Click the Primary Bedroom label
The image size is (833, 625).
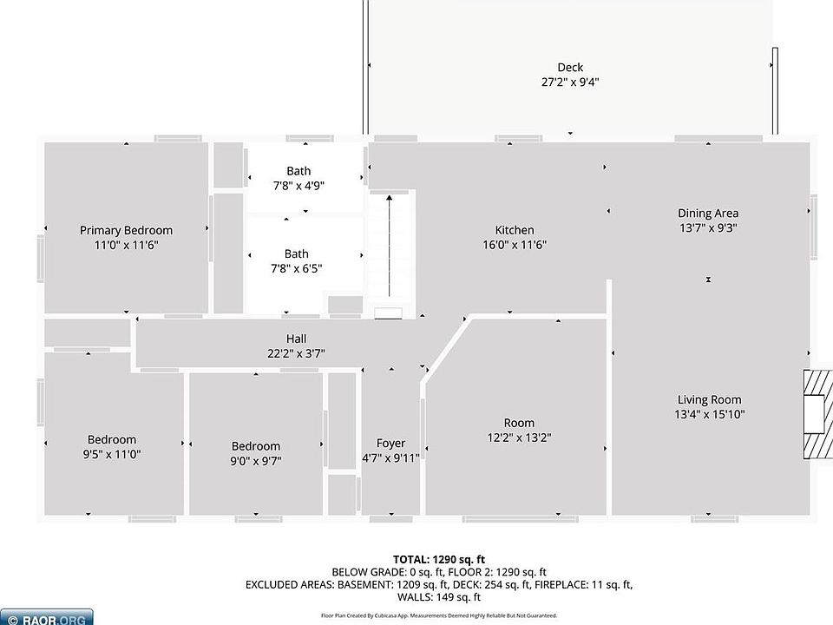pyautogui.click(x=126, y=230)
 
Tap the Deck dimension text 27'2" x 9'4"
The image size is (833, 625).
pyautogui.click(x=570, y=82)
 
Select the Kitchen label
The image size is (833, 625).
pyautogui.click(x=515, y=230)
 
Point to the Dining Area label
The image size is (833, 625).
pyautogui.click(x=708, y=213)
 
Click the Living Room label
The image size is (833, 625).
pyautogui.click(x=709, y=399)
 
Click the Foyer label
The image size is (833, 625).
pyautogui.click(x=390, y=443)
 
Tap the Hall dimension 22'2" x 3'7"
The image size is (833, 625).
pyautogui.click(x=296, y=353)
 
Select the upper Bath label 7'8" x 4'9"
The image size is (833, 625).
pyautogui.click(x=298, y=171)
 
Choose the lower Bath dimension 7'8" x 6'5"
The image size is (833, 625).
pyautogui.click(x=297, y=269)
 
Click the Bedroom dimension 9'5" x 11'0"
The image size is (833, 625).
pyautogui.click(x=112, y=454)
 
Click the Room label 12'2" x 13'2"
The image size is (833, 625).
pyautogui.click(x=519, y=423)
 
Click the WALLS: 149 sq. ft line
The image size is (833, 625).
pyautogui.click(x=438, y=597)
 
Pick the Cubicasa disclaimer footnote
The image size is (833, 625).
pyautogui.click(x=438, y=615)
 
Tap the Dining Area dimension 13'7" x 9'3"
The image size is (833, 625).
pyautogui.click(x=708, y=227)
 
